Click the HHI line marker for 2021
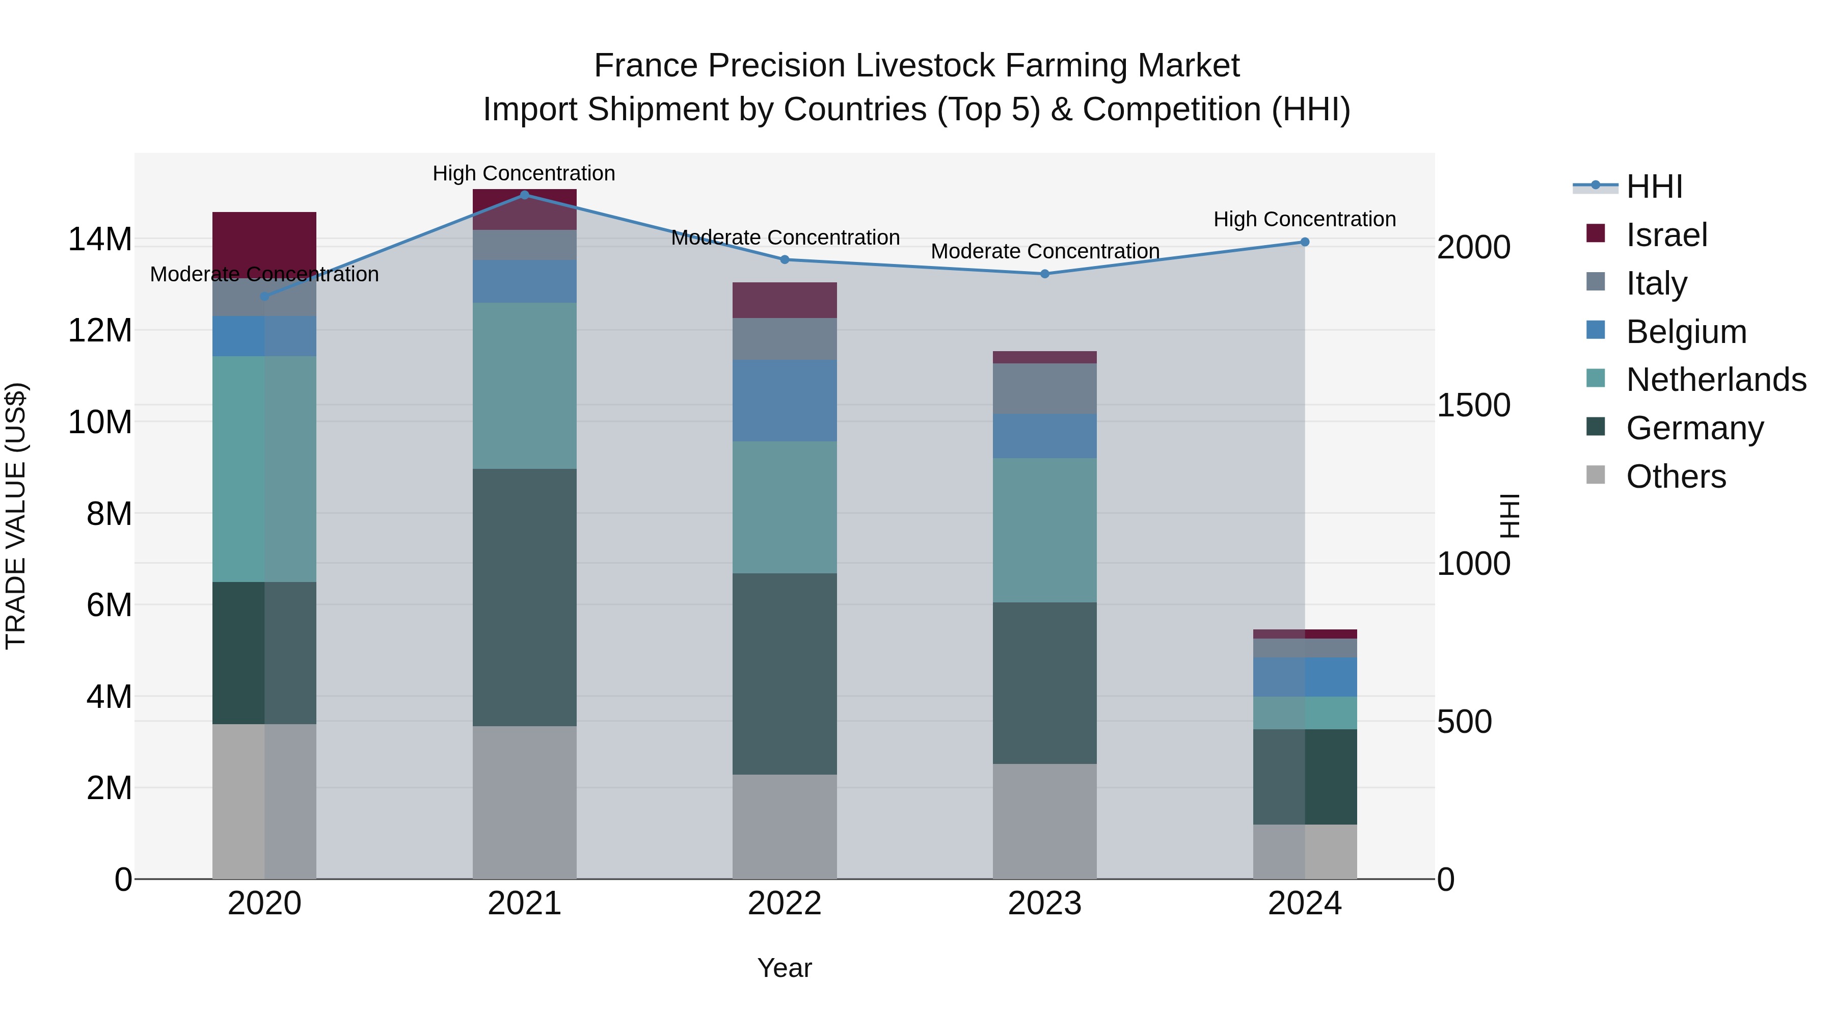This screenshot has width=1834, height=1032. click(524, 195)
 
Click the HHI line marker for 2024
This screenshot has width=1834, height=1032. click(1304, 242)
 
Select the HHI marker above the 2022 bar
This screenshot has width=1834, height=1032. click(785, 259)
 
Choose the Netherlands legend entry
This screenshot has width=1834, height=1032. click(1716, 380)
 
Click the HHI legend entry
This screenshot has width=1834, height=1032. click(1654, 187)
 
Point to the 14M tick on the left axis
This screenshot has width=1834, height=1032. click(100, 240)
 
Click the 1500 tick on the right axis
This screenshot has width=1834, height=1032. click(1473, 405)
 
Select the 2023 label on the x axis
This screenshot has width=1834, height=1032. click(1044, 904)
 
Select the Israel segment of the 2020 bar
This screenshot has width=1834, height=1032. click(264, 242)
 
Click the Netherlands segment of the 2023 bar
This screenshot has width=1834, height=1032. click(1044, 530)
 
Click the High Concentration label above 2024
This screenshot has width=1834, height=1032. click(1304, 219)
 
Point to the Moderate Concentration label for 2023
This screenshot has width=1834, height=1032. click(1044, 251)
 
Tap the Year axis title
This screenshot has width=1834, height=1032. click(785, 968)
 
